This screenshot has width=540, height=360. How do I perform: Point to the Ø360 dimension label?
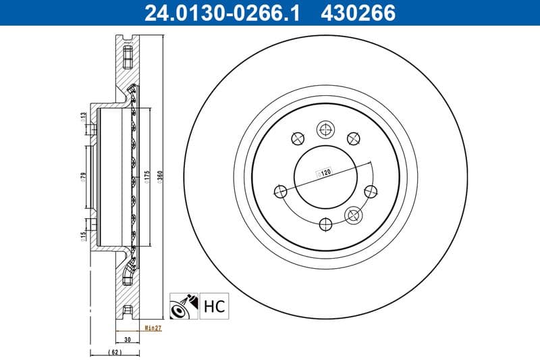(x=160, y=178)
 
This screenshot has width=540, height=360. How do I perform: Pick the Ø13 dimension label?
(x=82, y=119)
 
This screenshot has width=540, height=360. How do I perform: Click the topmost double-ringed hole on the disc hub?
(x=325, y=129)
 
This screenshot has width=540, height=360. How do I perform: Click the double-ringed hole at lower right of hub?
(x=352, y=215)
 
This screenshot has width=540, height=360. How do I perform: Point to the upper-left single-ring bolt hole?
(x=296, y=139)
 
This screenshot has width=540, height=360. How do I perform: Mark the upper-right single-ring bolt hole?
(x=352, y=138)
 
